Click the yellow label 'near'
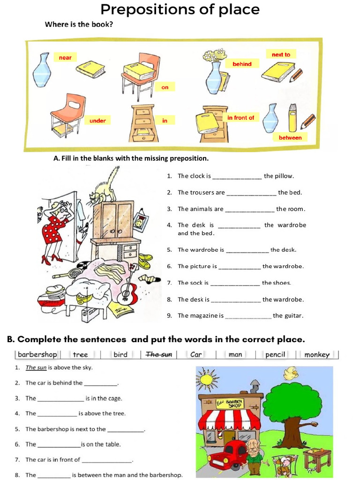tap(65, 58)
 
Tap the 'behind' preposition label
tap(242, 64)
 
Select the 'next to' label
tap(281, 55)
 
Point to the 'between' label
tap(290, 137)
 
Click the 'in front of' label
tap(240, 118)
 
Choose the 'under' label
tap(97, 121)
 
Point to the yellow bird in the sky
tap(291, 373)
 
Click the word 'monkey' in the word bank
tap(317, 354)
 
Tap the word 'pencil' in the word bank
tap(275, 354)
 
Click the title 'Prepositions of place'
tap(180, 9)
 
